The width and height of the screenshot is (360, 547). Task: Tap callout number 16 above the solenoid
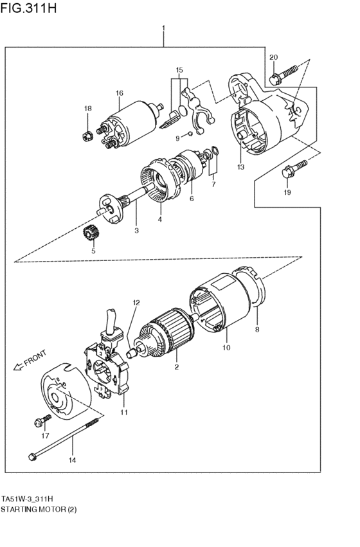[x=119, y=94]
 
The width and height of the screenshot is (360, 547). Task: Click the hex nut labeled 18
[x=87, y=136]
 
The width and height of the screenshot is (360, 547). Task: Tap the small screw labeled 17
[x=42, y=422]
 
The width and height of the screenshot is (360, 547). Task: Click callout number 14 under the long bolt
[x=73, y=460]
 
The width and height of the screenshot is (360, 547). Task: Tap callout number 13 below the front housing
[x=240, y=168]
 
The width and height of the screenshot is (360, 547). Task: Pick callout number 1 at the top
[x=163, y=28]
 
